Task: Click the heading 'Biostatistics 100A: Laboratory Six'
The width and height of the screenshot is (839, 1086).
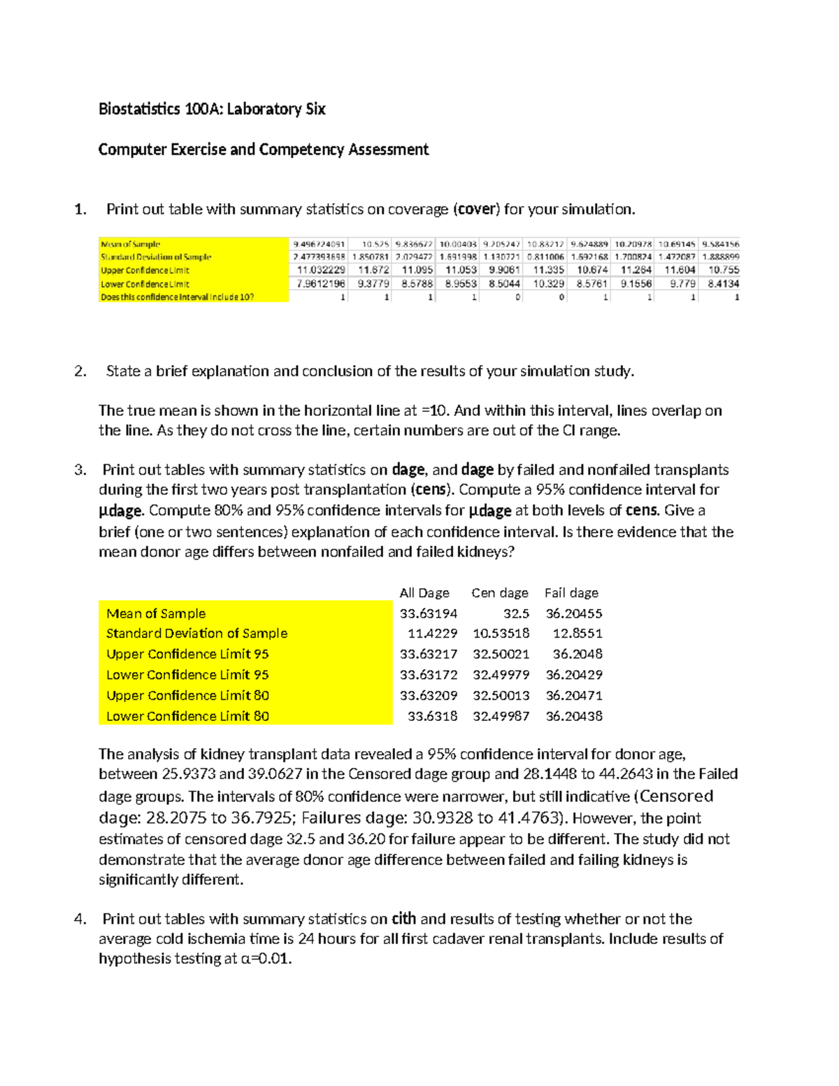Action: [x=212, y=109]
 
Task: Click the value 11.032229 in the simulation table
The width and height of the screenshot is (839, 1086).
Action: [x=321, y=270]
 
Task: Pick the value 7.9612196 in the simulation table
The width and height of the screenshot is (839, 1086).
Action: [x=321, y=284]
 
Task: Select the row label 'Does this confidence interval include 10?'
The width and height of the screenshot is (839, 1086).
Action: [x=178, y=297]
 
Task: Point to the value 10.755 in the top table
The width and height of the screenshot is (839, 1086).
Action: [x=723, y=270]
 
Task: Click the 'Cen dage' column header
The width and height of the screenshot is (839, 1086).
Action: [x=499, y=593]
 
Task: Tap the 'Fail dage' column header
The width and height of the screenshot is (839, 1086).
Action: [x=571, y=593]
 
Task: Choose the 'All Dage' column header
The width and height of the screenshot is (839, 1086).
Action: [x=424, y=593]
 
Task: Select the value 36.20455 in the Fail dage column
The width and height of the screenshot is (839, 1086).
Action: [x=573, y=613]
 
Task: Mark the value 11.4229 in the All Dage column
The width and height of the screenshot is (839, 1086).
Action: [x=432, y=634]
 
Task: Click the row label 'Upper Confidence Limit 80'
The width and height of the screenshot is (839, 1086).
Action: [x=187, y=696]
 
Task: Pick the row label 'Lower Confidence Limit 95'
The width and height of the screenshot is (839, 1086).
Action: [x=187, y=675]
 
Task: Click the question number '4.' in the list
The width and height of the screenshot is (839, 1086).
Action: [x=80, y=919]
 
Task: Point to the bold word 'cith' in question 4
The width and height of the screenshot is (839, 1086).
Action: [x=403, y=919]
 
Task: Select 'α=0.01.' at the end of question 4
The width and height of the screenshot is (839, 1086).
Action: [x=266, y=959]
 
